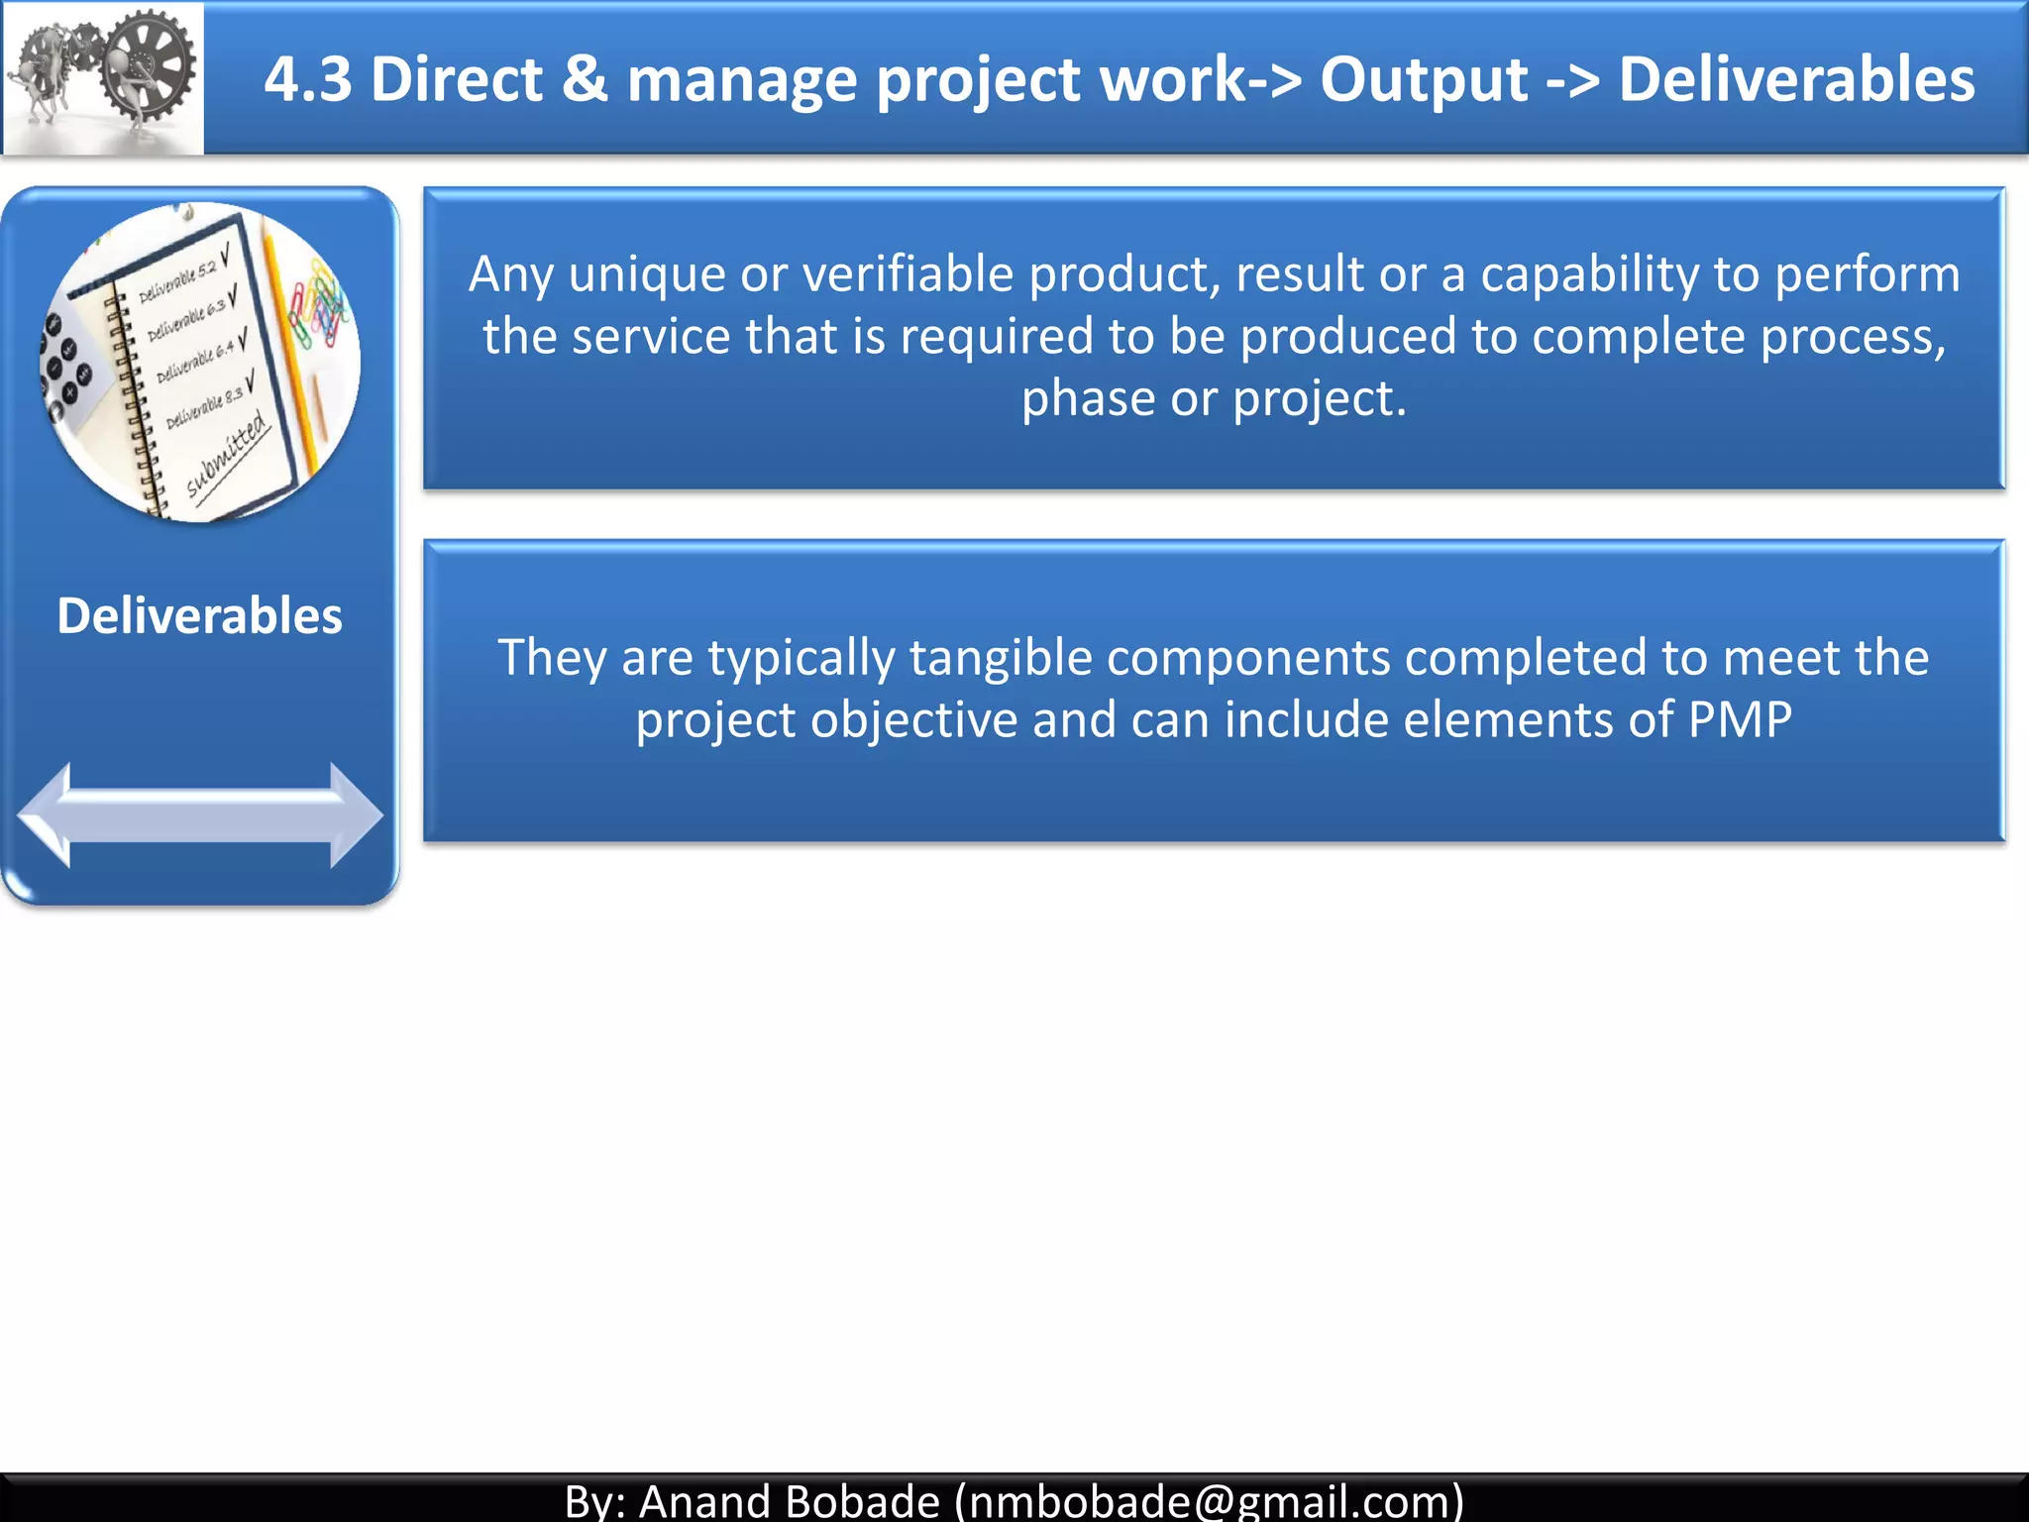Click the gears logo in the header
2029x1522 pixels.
click(x=102, y=77)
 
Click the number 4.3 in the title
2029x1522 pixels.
click(x=307, y=79)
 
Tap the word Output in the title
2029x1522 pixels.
click(x=1424, y=79)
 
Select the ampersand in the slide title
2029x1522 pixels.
click(x=585, y=79)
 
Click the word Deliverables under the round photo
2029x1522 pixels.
click(x=199, y=615)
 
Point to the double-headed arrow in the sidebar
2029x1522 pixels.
click(x=199, y=815)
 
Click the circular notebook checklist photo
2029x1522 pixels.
click(x=199, y=362)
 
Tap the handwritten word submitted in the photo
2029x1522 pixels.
click(x=228, y=456)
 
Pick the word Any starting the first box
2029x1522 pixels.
click(x=510, y=274)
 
